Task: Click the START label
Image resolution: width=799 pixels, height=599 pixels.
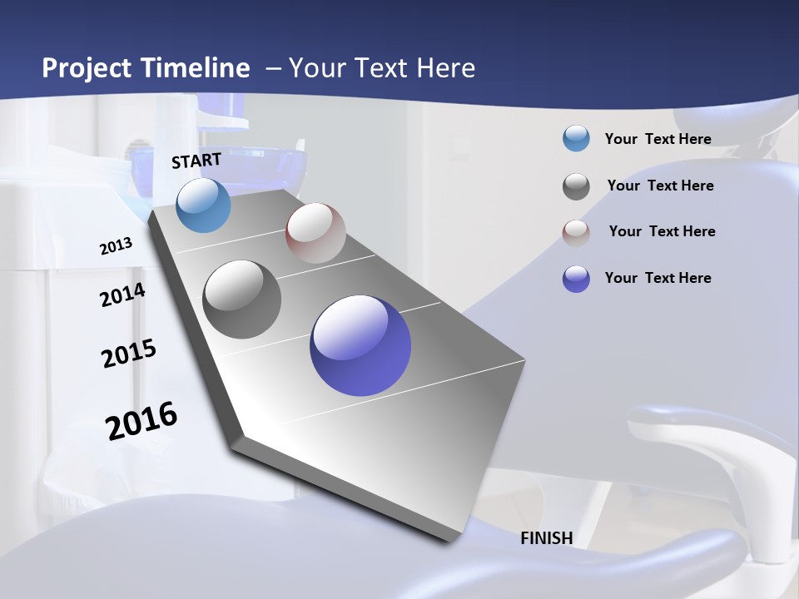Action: [196, 161]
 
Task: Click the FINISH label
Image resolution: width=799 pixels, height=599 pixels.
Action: [547, 538]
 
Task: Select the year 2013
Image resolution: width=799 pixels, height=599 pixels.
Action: [116, 245]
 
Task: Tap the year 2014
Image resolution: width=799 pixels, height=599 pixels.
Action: [122, 295]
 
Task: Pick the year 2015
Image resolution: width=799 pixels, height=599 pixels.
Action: [129, 354]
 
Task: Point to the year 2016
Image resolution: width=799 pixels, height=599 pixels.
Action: [141, 420]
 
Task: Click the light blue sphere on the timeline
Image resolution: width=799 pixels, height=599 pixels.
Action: [204, 205]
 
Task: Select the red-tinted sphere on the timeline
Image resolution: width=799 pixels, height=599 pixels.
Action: [315, 233]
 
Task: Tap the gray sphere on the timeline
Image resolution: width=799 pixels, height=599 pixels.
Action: [242, 299]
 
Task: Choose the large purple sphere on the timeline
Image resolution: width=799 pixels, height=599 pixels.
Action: [360, 345]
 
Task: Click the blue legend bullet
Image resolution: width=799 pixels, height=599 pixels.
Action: [576, 139]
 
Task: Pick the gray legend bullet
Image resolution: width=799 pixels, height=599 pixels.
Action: [576, 186]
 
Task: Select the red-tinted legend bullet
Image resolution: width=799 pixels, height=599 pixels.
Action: [576, 233]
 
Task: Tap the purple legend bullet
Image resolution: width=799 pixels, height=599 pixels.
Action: [576, 279]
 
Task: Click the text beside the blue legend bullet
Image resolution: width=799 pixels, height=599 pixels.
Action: [658, 139]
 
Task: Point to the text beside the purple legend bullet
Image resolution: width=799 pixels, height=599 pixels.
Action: [658, 278]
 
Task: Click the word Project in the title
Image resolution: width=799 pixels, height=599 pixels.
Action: [87, 68]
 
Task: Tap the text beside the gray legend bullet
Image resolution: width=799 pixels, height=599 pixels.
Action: [660, 186]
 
